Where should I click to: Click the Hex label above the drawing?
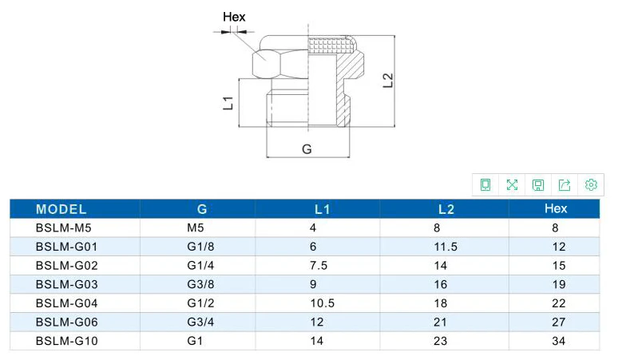234,17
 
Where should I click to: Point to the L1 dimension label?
228,102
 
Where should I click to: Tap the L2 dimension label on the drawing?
388,80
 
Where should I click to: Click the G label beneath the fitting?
307,149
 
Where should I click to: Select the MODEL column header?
61,209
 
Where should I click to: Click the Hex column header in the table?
556,208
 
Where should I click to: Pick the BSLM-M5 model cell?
64,228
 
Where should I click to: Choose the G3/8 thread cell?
200,284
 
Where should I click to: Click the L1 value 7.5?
318,265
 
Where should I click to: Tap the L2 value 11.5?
446,247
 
